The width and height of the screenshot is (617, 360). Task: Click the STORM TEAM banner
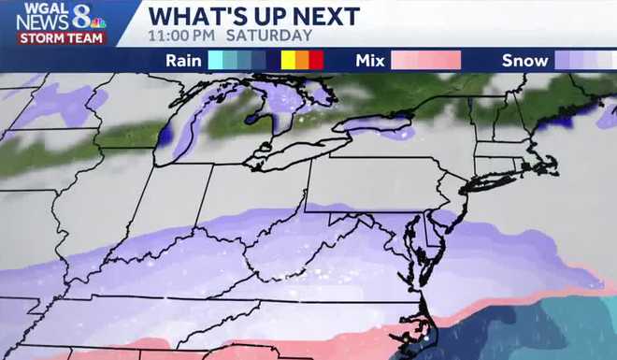pos(59,38)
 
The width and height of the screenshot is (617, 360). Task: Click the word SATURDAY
pos(276,36)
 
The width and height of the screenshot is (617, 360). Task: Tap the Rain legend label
pos(183,61)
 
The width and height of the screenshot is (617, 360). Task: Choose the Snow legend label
pos(524,61)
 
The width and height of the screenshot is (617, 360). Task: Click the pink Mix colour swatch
pos(425,61)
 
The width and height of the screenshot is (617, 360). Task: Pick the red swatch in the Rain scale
pos(317,61)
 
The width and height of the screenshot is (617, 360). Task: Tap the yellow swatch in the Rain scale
pos(289,61)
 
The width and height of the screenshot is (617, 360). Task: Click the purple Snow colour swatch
pos(584,61)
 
